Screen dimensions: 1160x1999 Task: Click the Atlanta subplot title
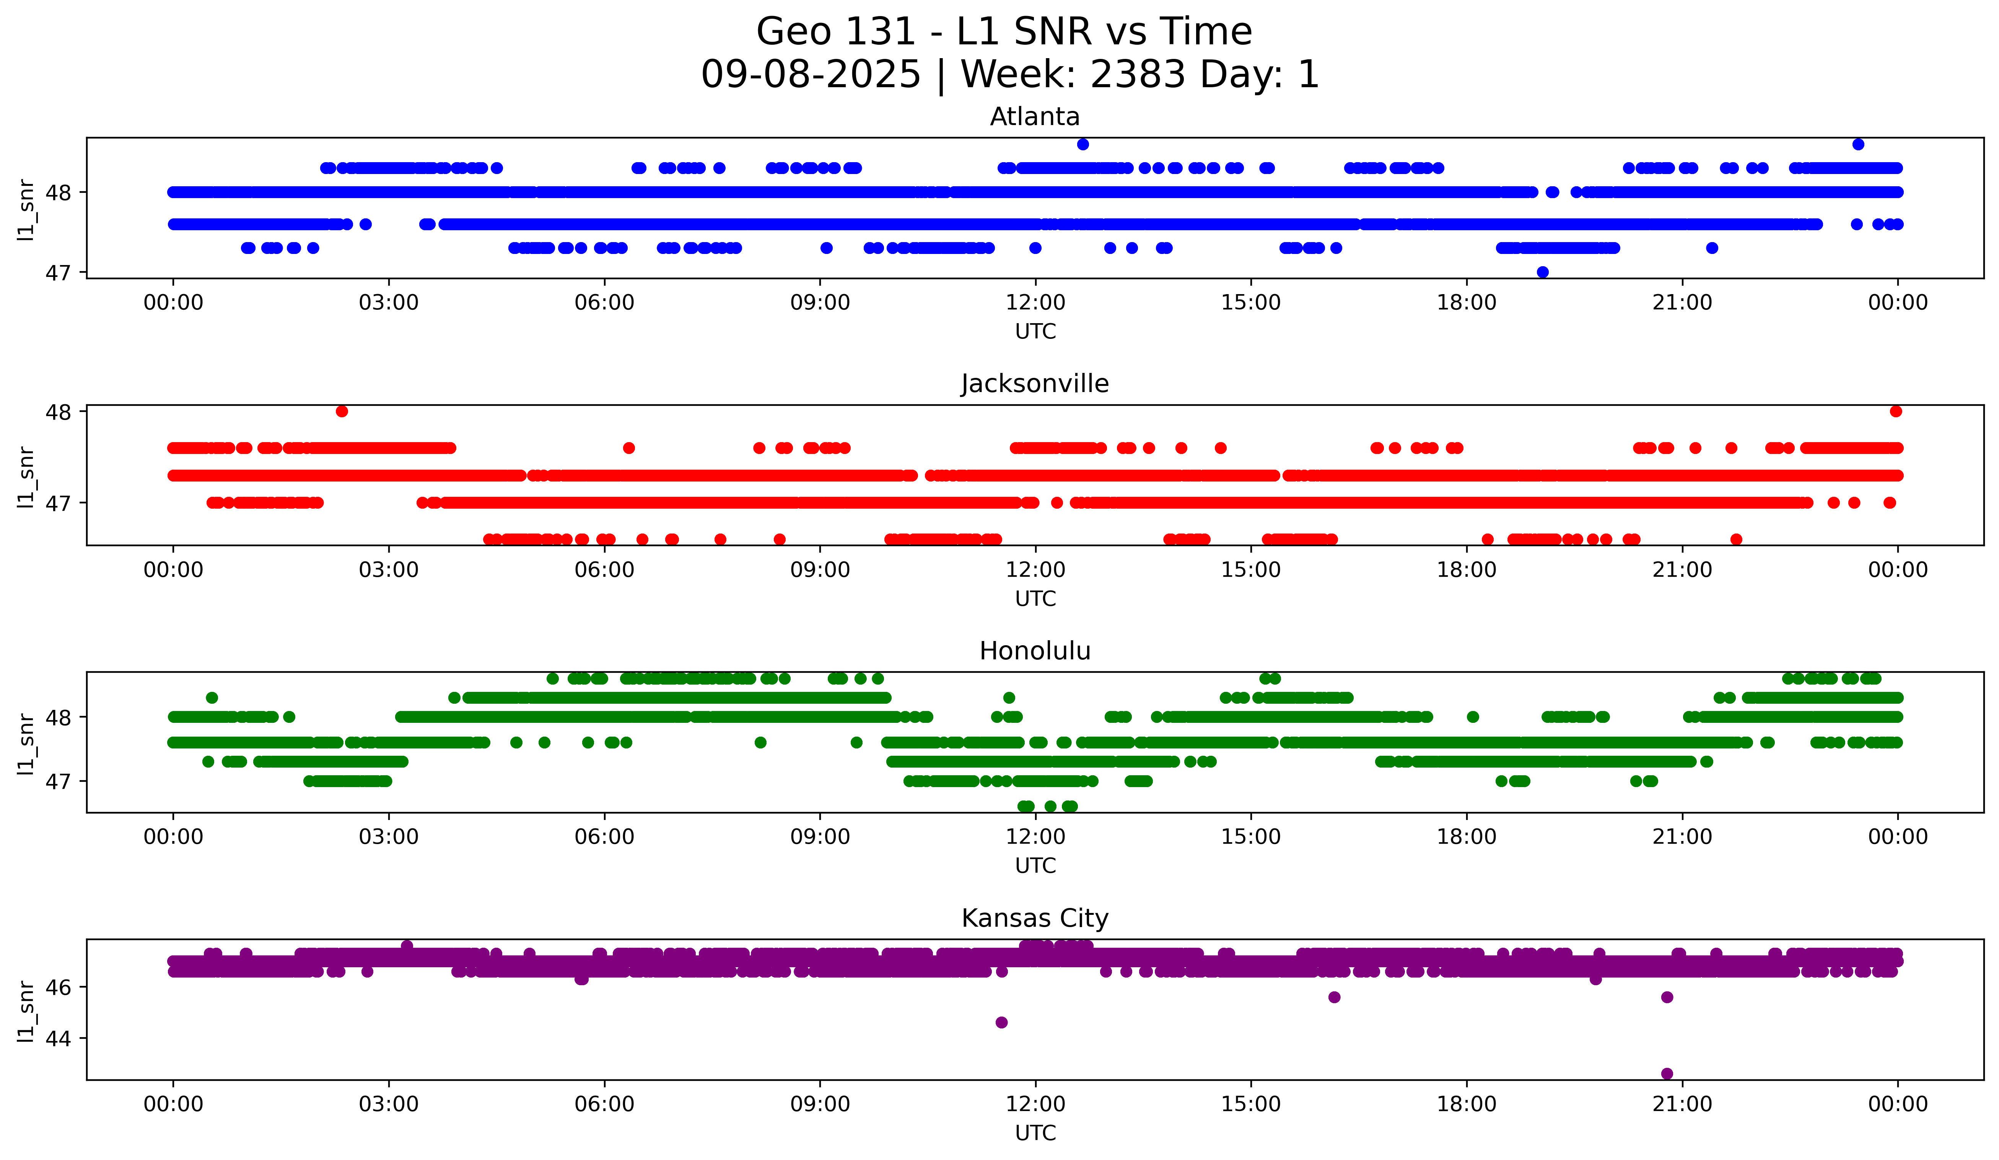(x=1034, y=117)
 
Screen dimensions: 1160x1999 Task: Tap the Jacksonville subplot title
(x=1034, y=384)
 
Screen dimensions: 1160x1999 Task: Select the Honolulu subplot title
(x=1034, y=651)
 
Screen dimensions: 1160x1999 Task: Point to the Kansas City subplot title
(x=1034, y=918)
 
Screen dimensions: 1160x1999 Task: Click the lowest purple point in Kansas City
(x=1667, y=1074)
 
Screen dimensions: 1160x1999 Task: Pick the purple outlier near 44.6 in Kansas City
(x=1001, y=1022)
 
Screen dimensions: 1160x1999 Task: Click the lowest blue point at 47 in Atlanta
(x=1542, y=272)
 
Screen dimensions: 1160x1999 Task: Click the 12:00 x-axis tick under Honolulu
(x=1035, y=836)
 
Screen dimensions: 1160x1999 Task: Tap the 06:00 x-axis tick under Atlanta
(x=604, y=302)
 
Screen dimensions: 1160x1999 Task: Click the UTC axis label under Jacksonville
(x=1035, y=599)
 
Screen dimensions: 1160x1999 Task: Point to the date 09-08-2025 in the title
(x=811, y=75)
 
